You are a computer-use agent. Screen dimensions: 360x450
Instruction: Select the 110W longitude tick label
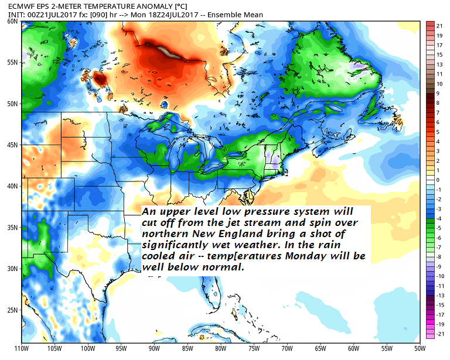(22, 348)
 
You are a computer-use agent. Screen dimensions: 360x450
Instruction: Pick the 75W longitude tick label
(254, 348)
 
